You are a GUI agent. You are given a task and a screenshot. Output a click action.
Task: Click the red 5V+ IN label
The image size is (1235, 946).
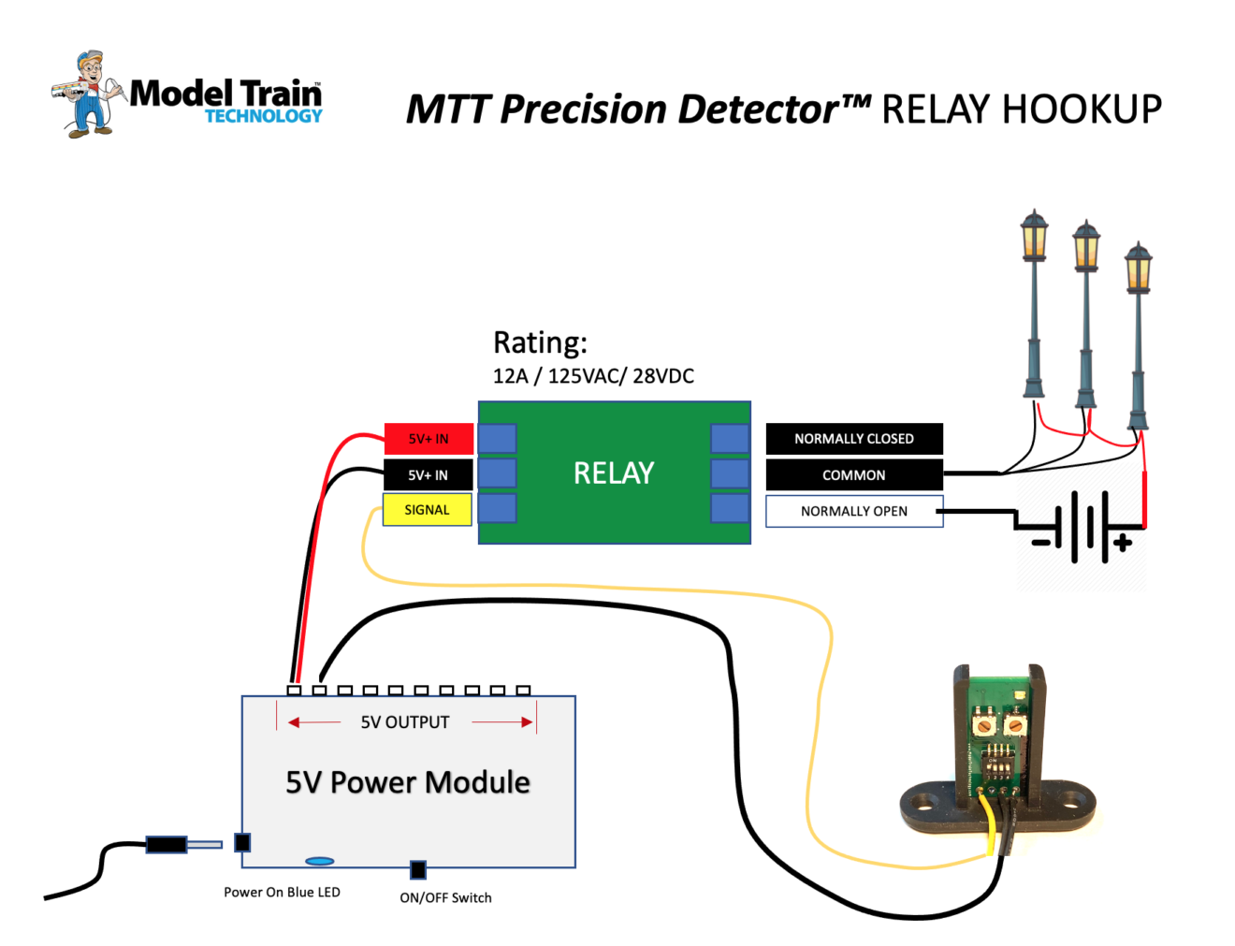pyautogui.click(x=429, y=439)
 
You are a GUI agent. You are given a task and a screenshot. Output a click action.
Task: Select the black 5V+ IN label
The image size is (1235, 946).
pyautogui.click(x=428, y=475)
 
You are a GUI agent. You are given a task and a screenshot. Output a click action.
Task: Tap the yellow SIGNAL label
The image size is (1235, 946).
pyautogui.click(x=427, y=510)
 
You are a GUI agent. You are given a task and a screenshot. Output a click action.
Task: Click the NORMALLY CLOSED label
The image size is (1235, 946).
pyautogui.click(x=853, y=439)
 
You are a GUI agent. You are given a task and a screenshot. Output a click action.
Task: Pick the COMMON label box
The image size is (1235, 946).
pyautogui.click(x=853, y=475)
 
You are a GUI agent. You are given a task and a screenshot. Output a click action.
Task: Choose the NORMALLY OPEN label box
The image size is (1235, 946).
pyautogui.click(x=853, y=511)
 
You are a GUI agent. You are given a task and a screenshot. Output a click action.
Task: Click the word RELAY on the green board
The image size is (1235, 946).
pyautogui.click(x=614, y=473)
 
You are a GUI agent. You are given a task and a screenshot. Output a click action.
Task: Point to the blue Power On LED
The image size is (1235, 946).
pyautogui.click(x=319, y=861)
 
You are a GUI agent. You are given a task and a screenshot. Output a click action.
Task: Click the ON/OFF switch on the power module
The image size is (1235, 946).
pyautogui.click(x=418, y=869)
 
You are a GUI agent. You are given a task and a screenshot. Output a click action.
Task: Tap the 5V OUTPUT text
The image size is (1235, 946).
pyautogui.click(x=405, y=722)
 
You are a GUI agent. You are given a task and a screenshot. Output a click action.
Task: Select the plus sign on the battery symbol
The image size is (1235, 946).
pyautogui.click(x=1123, y=542)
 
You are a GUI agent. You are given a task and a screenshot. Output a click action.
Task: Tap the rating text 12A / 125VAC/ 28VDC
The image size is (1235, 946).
pyautogui.click(x=593, y=376)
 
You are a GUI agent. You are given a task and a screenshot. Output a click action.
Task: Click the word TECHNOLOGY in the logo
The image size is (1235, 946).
pyautogui.click(x=264, y=116)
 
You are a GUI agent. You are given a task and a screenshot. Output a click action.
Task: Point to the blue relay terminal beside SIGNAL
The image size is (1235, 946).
pyautogui.click(x=498, y=509)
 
